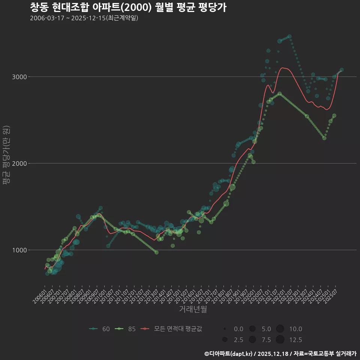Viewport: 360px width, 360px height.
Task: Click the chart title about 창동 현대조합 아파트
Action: [128, 7]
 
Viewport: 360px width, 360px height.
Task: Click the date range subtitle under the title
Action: [84, 18]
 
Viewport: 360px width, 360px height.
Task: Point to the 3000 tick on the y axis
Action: [20, 77]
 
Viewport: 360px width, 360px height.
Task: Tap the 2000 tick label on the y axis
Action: [20, 163]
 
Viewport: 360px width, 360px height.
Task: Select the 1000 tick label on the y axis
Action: [20, 250]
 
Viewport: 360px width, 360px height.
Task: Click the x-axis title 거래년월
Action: [193, 309]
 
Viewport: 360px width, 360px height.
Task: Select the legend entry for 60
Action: [99, 329]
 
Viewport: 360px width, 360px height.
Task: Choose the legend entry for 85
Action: [126, 329]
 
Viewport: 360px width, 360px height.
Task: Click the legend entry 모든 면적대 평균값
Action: [172, 329]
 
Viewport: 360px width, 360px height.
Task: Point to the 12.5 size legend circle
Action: [280, 340]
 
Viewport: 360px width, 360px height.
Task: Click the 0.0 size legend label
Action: [238, 329]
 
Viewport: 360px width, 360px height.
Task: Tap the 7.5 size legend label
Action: [266, 340]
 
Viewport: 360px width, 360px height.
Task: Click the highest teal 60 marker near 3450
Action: [289, 36]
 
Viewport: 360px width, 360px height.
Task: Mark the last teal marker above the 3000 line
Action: [341, 70]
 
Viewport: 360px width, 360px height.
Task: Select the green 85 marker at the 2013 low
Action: [156, 252]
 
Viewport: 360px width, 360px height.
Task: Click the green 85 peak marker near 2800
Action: [279, 93]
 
